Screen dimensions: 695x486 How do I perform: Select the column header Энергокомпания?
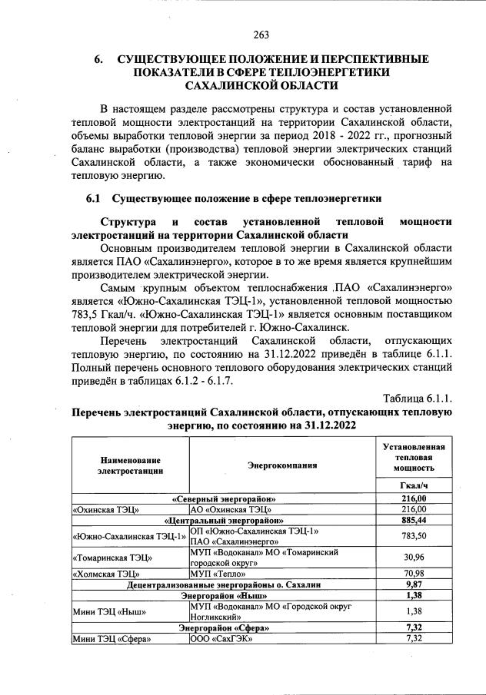coord(282,465)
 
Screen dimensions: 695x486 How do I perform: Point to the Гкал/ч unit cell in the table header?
coord(414,486)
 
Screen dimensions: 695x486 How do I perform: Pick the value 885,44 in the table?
coord(414,520)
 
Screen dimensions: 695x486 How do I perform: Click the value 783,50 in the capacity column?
coord(414,536)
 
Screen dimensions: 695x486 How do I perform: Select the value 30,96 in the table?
coord(414,557)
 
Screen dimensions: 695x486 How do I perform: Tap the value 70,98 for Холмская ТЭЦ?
coord(414,574)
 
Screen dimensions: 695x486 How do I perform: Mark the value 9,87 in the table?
coord(414,584)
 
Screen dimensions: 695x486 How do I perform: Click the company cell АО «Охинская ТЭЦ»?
coord(232,509)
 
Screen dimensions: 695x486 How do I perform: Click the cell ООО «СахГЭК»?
coord(221,638)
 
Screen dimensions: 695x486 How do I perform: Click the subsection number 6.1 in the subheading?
coord(94,199)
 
